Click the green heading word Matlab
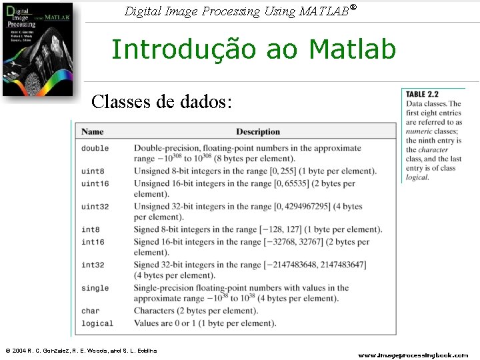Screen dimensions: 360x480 [352, 49]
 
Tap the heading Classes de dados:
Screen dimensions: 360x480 [162, 101]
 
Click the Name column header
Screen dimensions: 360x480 [93, 132]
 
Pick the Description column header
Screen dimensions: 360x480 [258, 132]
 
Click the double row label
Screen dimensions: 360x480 [95, 148]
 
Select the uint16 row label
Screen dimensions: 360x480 [95, 183]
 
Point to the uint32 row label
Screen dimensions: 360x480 [95, 207]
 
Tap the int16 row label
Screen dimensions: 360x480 [93, 242]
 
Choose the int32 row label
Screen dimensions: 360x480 [93, 265]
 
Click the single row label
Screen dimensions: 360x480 [95, 288]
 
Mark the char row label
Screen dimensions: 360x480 [90, 311]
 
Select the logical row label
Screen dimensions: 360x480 [97, 324]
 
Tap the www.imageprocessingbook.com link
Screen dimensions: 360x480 [413, 355]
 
